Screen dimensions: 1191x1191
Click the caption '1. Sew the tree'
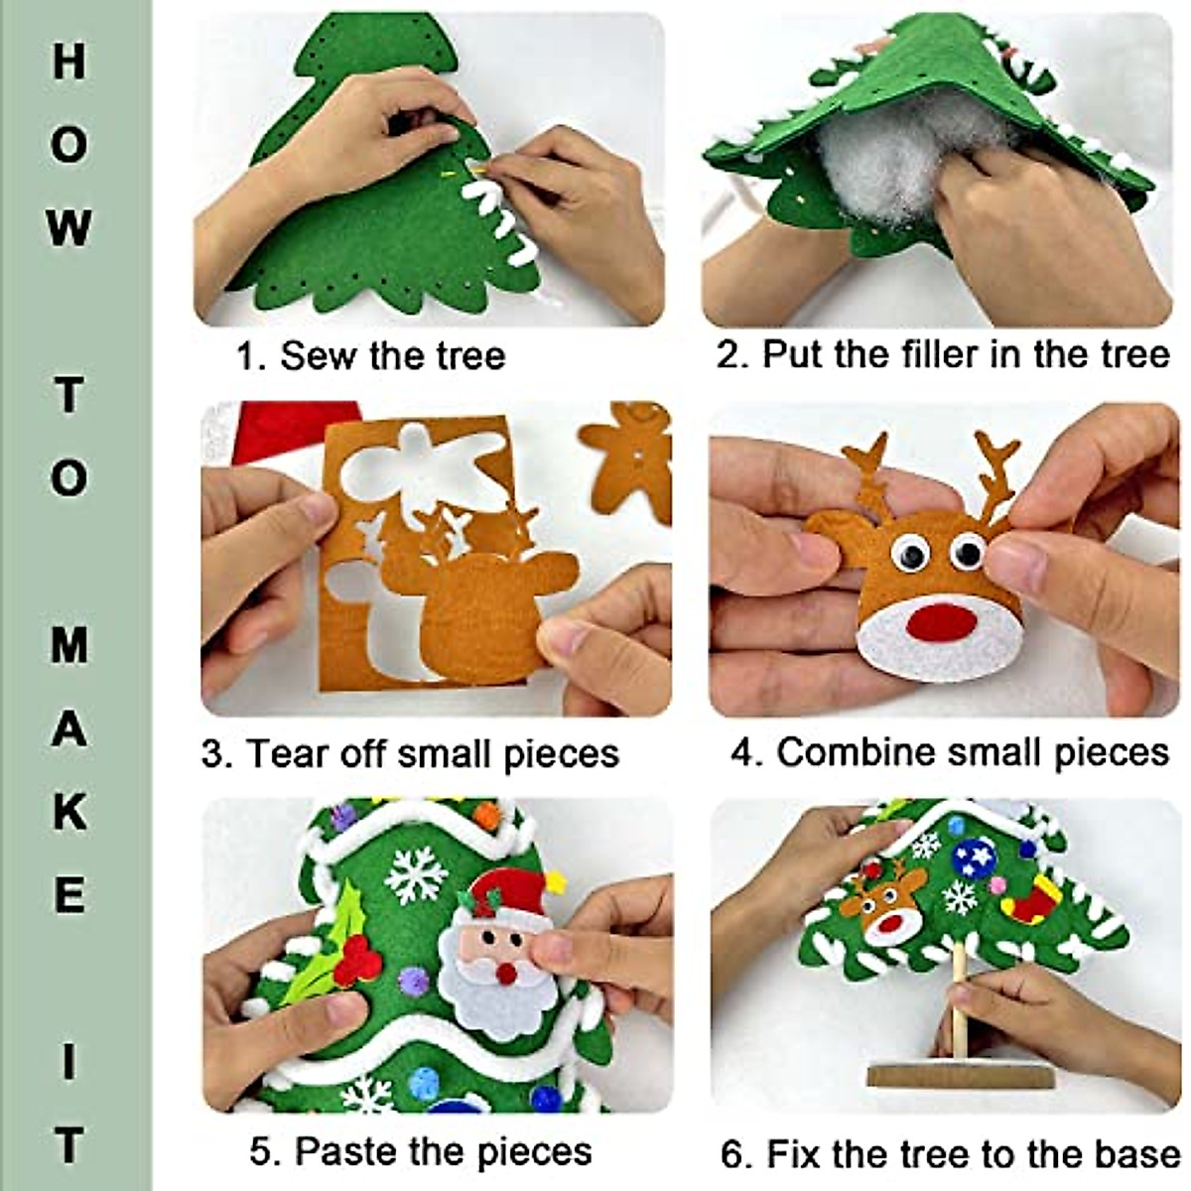coord(370,355)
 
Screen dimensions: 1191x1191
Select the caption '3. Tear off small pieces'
coord(410,753)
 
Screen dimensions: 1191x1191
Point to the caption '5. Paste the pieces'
coord(421,1152)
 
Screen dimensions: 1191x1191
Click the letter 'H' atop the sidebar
coord(68,62)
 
